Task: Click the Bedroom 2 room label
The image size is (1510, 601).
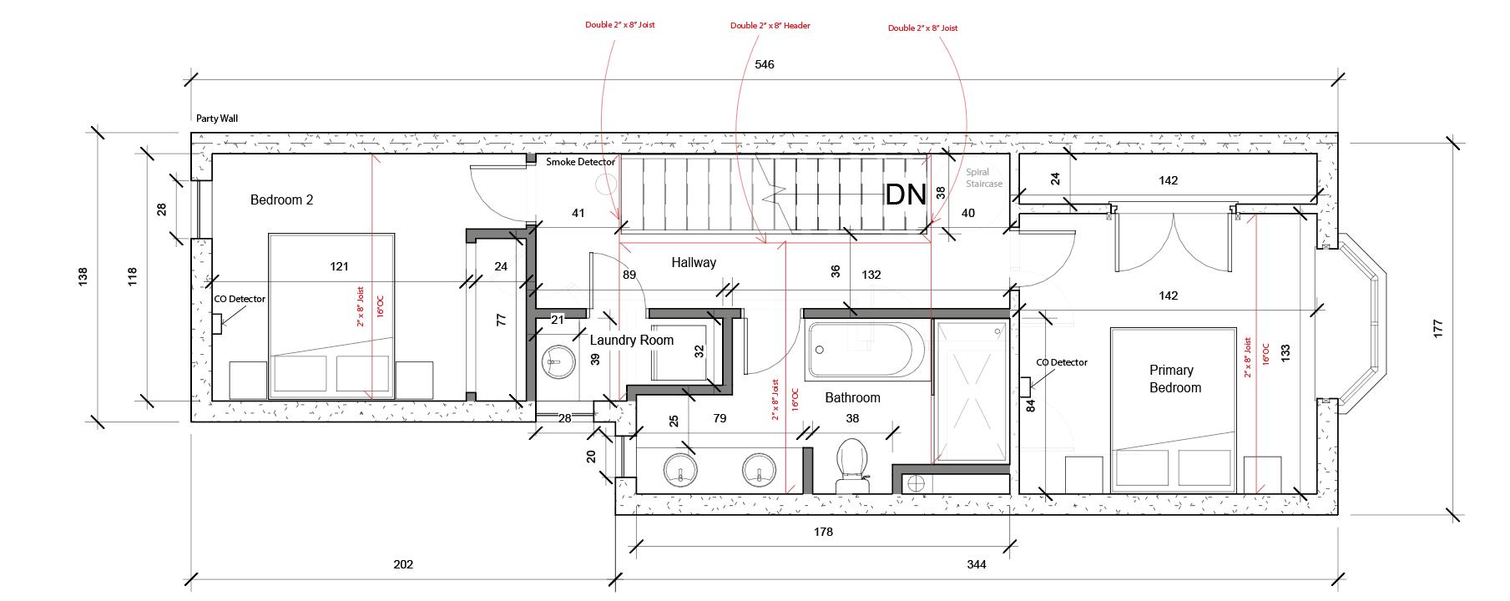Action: (281, 200)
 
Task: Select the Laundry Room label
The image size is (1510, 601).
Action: (631, 341)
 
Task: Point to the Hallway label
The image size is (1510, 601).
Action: (694, 263)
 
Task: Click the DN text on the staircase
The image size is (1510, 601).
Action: (906, 194)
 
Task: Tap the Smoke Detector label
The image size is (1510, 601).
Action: (580, 162)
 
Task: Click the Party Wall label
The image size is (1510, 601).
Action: (217, 119)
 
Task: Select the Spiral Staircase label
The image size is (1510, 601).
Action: (983, 179)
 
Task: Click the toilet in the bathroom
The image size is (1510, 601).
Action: (852, 465)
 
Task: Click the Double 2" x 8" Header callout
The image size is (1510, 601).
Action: (770, 26)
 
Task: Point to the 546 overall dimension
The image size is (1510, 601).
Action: (764, 64)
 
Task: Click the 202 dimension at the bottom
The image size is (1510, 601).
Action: (403, 565)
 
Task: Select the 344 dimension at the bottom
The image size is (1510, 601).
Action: (976, 565)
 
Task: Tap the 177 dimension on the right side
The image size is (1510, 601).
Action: (1437, 327)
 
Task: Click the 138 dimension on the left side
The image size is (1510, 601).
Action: (82, 275)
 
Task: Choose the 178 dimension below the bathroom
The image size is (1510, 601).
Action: (822, 532)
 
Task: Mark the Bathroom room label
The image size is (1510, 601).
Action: (852, 398)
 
